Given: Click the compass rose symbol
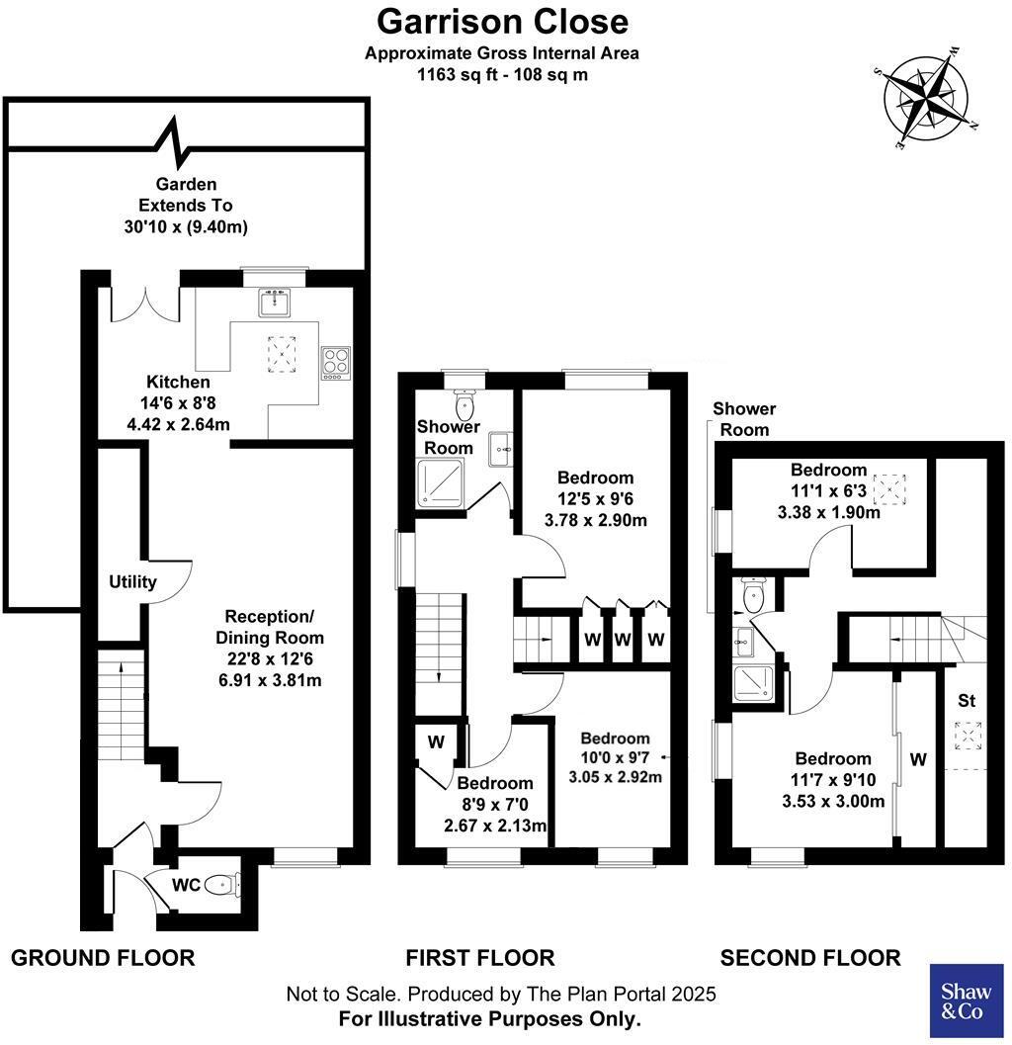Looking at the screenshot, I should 926,99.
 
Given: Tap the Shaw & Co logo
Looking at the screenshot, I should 967,1001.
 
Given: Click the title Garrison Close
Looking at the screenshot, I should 502,21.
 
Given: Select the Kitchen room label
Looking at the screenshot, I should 178,382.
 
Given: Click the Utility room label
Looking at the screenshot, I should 132,581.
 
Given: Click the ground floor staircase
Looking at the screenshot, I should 120,706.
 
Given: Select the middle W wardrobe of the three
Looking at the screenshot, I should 622,639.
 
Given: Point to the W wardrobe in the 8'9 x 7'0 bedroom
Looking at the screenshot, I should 435,740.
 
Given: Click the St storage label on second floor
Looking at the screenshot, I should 966,701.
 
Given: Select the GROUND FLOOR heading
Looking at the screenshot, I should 103,957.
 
